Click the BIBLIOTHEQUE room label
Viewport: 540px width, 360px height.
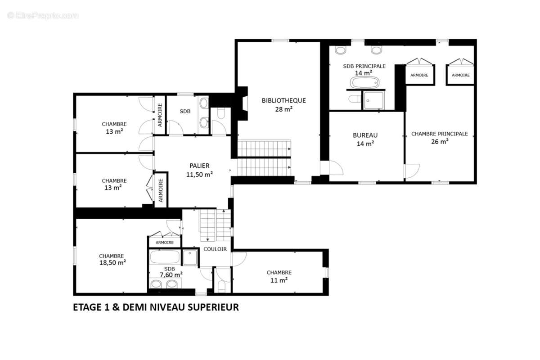[284, 100]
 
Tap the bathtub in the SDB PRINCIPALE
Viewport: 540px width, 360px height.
[364, 83]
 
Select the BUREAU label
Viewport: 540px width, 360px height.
[365, 135]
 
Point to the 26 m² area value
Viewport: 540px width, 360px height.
[440, 141]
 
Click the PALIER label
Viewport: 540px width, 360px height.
[199, 166]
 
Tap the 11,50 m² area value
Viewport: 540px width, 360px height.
[199, 174]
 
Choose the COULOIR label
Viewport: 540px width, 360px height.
[215, 249]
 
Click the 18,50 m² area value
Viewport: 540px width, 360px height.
[112, 262]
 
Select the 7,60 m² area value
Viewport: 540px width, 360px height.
[171, 274]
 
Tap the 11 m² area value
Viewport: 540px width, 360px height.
[279, 280]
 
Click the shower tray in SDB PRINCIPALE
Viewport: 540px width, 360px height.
[373, 100]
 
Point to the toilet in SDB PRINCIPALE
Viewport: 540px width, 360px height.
[355, 99]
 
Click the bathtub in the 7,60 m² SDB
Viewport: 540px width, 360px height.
[165, 257]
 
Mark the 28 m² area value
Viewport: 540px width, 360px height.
[284, 109]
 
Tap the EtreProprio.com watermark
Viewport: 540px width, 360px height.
[43, 16]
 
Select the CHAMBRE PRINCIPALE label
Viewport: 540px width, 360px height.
[440, 134]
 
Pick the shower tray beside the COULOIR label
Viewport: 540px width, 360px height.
[190, 258]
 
